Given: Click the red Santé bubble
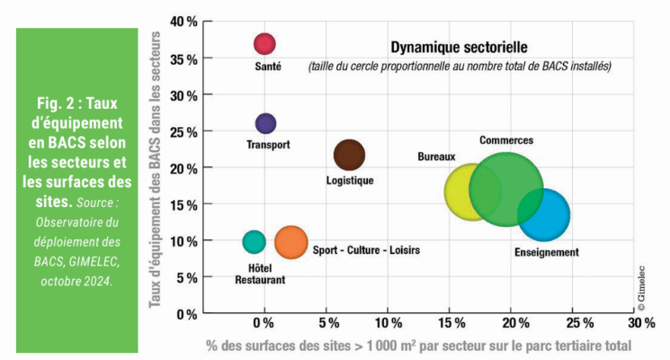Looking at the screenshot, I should click(x=264, y=43).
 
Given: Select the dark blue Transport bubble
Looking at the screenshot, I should click(x=265, y=123).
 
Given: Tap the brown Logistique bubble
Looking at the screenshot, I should click(x=349, y=155).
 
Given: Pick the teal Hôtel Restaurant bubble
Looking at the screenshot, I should click(x=255, y=241).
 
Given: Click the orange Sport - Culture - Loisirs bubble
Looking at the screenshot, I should click(x=290, y=241).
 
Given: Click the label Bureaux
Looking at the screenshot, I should click(x=436, y=157).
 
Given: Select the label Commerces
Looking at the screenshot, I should click(x=505, y=140).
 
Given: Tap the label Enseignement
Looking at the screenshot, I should click(x=546, y=252).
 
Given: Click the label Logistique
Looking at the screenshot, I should click(x=349, y=180).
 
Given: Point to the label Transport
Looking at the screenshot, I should click(x=268, y=144).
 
